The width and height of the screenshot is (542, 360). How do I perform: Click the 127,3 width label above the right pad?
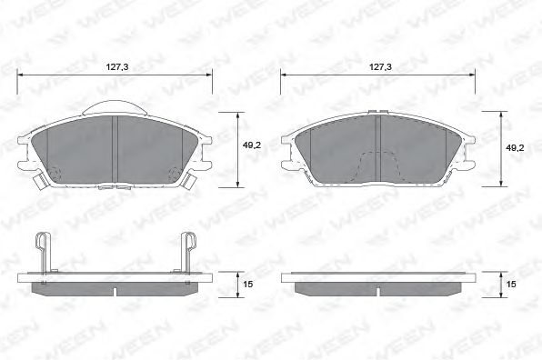pos(380,67)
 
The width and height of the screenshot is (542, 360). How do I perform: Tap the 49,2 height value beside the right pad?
pos(515,148)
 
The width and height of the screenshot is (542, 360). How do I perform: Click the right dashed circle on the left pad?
pos(175,172)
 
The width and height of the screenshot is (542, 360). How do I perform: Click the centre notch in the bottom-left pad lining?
pos(115,291)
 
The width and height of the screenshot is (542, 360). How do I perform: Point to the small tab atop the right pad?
pos(376,111)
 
